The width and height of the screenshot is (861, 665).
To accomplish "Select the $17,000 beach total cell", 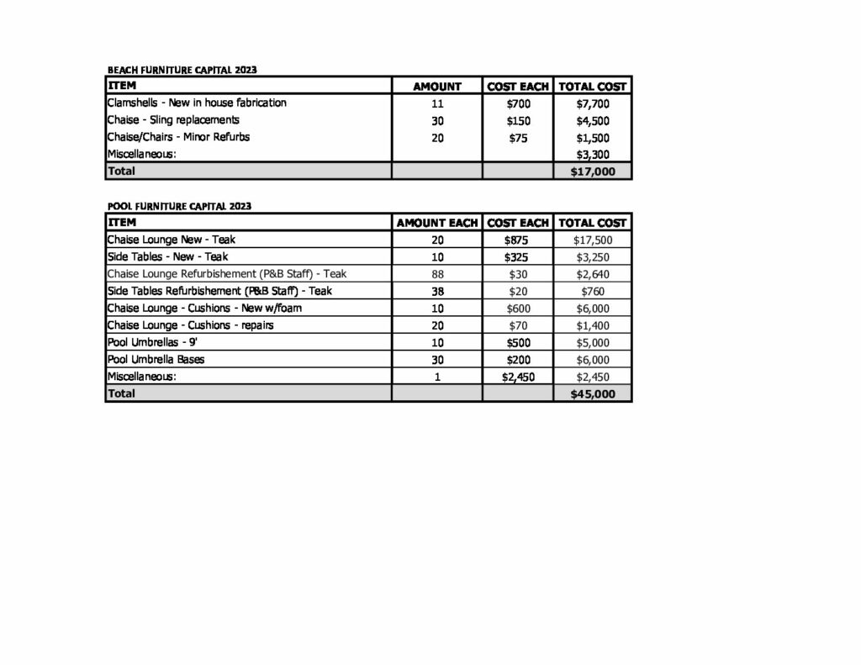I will tap(593, 172).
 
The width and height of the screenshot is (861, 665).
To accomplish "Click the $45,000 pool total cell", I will tap(593, 393).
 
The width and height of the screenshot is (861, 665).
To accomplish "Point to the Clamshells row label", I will tap(197, 103).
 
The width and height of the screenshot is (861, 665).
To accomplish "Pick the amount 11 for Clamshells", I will tap(436, 104).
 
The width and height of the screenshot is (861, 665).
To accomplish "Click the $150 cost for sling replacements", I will tap(518, 121).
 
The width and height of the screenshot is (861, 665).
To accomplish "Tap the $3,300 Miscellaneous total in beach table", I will tap(593, 155).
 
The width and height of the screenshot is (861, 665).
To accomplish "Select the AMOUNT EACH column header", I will tap(436, 223).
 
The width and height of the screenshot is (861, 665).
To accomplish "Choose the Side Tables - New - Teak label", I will tap(167, 257).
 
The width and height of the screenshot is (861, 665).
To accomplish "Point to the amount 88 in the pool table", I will tap(436, 274).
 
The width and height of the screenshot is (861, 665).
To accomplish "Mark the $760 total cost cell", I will tap(593, 292).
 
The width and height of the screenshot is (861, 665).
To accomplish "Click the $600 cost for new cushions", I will tap(518, 309).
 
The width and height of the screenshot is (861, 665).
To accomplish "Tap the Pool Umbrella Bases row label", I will tap(156, 360).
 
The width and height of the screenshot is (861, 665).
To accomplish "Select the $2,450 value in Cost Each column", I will tap(518, 377).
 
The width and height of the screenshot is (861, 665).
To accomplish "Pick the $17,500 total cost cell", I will tap(593, 240).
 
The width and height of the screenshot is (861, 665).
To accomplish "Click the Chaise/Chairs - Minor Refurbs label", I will tap(178, 137).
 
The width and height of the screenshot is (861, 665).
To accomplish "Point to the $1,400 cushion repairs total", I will tap(593, 325).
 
